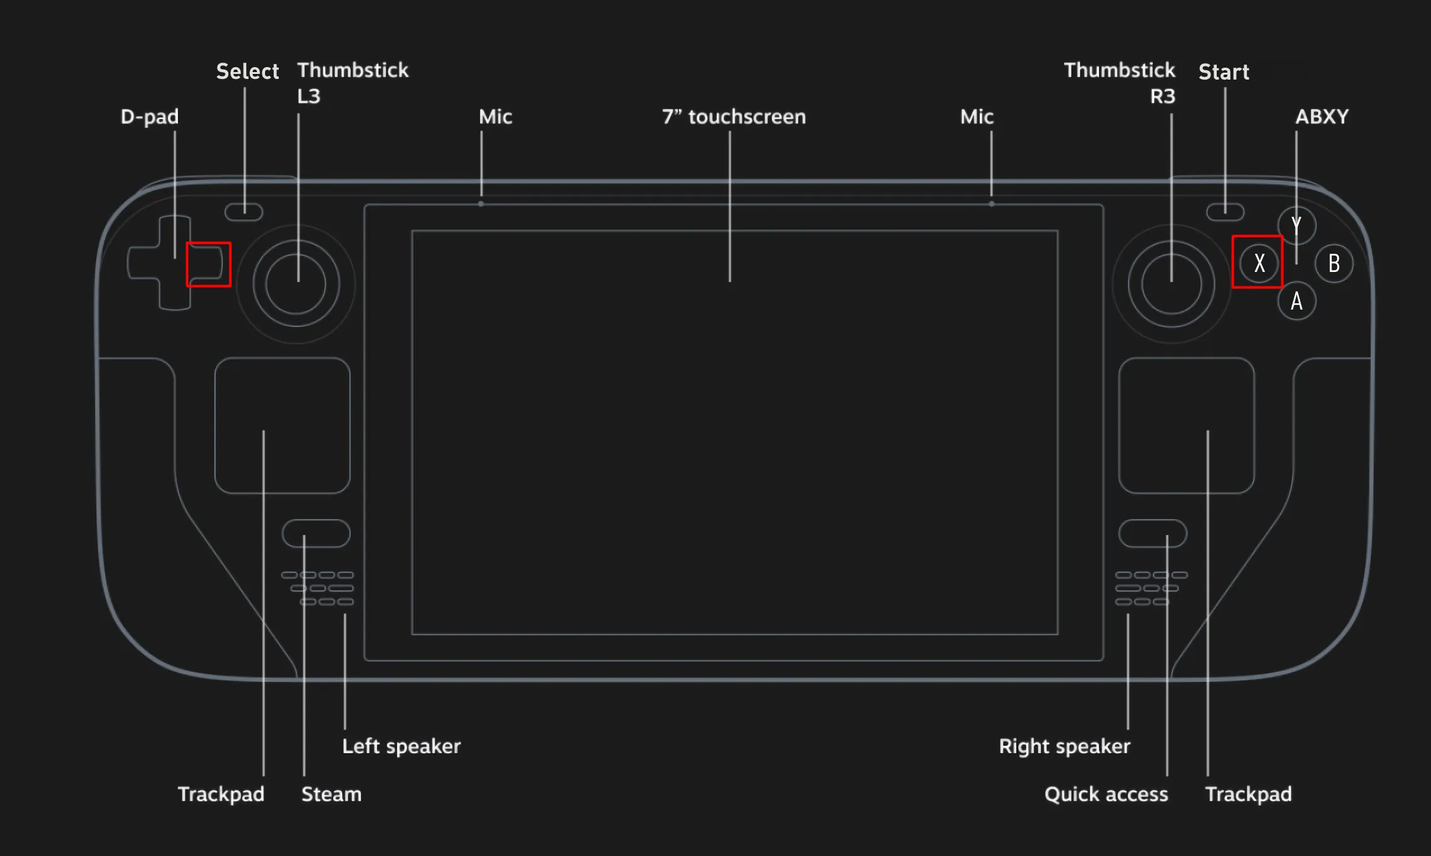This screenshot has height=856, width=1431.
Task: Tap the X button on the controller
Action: pyautogui.click(x=1259, y=263)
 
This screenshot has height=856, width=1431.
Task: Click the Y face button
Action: pyautogui.click(x=1296, y=225)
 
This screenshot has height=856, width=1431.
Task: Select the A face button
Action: pyautogui.click(x=1296, y=301)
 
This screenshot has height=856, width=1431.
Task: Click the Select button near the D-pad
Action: pyautogui.click(x=244, y=212)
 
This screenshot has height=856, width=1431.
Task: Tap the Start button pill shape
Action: pyautogui.click(x=1225, y=212)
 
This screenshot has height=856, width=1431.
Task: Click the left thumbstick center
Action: pyautogui.click(x=296, y=284)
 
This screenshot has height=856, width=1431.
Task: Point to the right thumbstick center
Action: pyautogui.click(x=1171, y=284)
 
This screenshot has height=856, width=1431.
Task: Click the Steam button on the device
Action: pyautogui.click(x=316, y=533)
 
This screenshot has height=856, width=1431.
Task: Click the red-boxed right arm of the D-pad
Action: pyautogui.click(x=208, y=264)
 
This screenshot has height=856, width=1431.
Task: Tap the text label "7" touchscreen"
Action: pyautogui.click(x=734, y=117)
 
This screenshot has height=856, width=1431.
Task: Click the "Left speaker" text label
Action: pyautogui.click(x=401, y=746)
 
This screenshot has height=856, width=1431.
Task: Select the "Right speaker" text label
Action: pyautogui.click(x=1064, y=746)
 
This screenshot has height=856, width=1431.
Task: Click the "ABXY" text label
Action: pyautogui.click(x=1321, y=117)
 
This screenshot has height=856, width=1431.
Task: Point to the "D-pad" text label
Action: pyautogui.click(x=150, y=117)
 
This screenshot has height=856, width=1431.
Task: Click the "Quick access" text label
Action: pyautogui.click(x=1106, y=795)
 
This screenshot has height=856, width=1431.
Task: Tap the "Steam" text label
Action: pyautogui.click(x=331, y=795)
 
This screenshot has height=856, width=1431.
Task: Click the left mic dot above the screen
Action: pyautogui.click(x=481, y=204)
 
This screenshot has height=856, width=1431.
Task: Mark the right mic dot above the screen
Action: pyautogui.click(x=991, y=204)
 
